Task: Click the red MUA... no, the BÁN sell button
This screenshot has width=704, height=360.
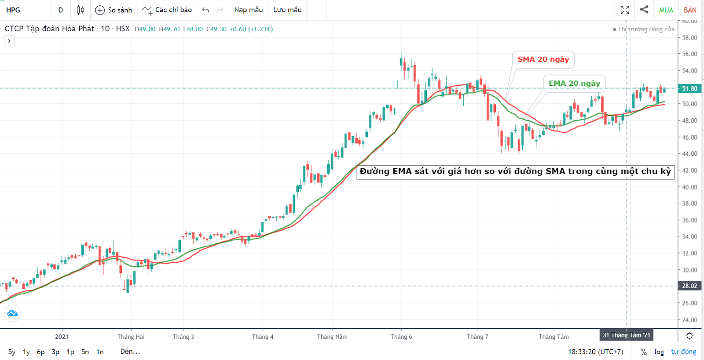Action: [690, 10]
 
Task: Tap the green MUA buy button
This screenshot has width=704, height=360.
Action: [666, 10]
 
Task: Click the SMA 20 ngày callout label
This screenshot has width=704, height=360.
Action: [543, 59]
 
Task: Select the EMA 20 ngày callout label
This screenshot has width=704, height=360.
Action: [574, 83]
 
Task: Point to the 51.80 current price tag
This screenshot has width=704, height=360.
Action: [689, 88]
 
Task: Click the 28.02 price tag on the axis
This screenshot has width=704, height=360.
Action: [689, 286]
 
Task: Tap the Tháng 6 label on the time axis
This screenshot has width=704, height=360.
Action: [401, 337]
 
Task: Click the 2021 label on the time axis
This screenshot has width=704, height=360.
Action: [62, 337]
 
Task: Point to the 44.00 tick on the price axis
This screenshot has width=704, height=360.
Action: [689, 154]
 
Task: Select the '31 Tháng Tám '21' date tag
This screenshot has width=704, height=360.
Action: [626, 335]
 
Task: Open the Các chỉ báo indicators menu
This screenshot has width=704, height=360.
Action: [167, 10]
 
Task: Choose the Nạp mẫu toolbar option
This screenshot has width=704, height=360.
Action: [248, 10]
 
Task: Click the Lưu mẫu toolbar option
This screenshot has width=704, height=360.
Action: [287, 10]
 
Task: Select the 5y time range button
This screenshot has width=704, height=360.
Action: [12, 352]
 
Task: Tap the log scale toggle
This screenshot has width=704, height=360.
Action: [659, 352]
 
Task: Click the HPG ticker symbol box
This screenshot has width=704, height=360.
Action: [13, 10]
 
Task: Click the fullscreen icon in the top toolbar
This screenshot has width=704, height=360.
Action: [625, 10]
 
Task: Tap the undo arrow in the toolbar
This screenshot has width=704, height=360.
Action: [205, 10]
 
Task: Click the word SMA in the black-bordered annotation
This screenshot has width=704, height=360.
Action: [555, 171]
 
